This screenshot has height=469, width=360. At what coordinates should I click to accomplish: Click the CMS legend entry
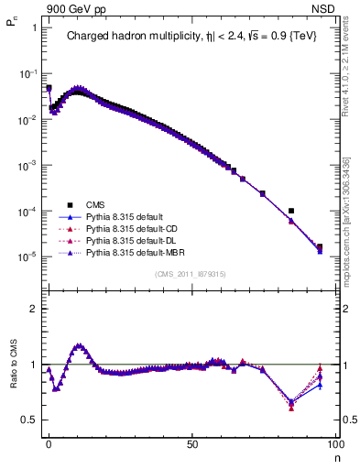[x=94, y=204]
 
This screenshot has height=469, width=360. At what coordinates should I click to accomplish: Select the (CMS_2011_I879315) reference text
[x=191, y=275]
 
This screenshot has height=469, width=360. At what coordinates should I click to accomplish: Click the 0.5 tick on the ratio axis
[x=29, y=420]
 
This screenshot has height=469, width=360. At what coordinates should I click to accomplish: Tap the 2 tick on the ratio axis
[x=33, y=309]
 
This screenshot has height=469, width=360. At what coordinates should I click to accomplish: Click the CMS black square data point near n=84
[x=290, y=212]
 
